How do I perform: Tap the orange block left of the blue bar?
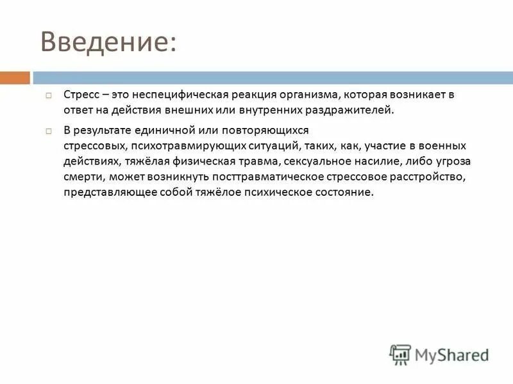(x=15, y=78)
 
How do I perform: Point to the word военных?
(x=442, y=146)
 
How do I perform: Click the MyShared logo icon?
(x=400, y=354)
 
